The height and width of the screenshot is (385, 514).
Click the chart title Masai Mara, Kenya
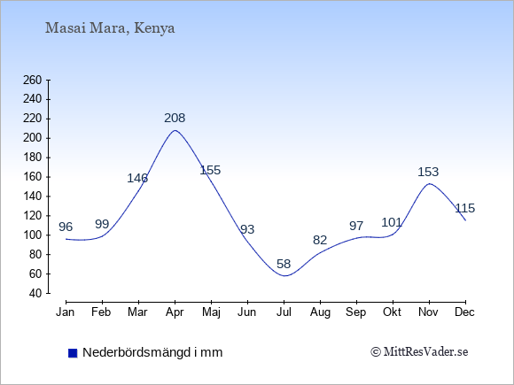coord(110,28)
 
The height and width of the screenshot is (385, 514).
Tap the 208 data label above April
coord(175,118)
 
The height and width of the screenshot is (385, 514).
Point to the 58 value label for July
coord(284,264)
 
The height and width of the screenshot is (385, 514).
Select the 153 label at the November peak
coord(428,172)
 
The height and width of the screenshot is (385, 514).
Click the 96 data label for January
coord(66,227)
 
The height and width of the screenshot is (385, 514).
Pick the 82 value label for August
coord(320,240)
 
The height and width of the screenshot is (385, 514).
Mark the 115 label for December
coord(465,208)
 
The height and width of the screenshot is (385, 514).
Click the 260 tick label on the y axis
coord(33,80)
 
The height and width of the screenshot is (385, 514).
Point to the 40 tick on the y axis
coord(35,293)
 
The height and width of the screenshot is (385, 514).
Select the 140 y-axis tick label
coord(33,196)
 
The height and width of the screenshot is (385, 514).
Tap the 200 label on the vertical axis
coord(33,138)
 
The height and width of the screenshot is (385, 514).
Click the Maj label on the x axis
coord(211,312)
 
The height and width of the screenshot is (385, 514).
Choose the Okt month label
coord(392,312)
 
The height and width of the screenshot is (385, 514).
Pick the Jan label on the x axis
coord(66,312)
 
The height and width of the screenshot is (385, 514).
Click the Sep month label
coord(356,312)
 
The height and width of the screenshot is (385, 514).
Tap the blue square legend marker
coord(73,353)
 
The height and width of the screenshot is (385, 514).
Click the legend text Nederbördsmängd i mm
coord(152,352)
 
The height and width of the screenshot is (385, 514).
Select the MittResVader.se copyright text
coord(419,352)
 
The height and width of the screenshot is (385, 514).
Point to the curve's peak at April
coord(175,130)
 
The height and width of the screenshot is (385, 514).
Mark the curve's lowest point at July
coord(284,275)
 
